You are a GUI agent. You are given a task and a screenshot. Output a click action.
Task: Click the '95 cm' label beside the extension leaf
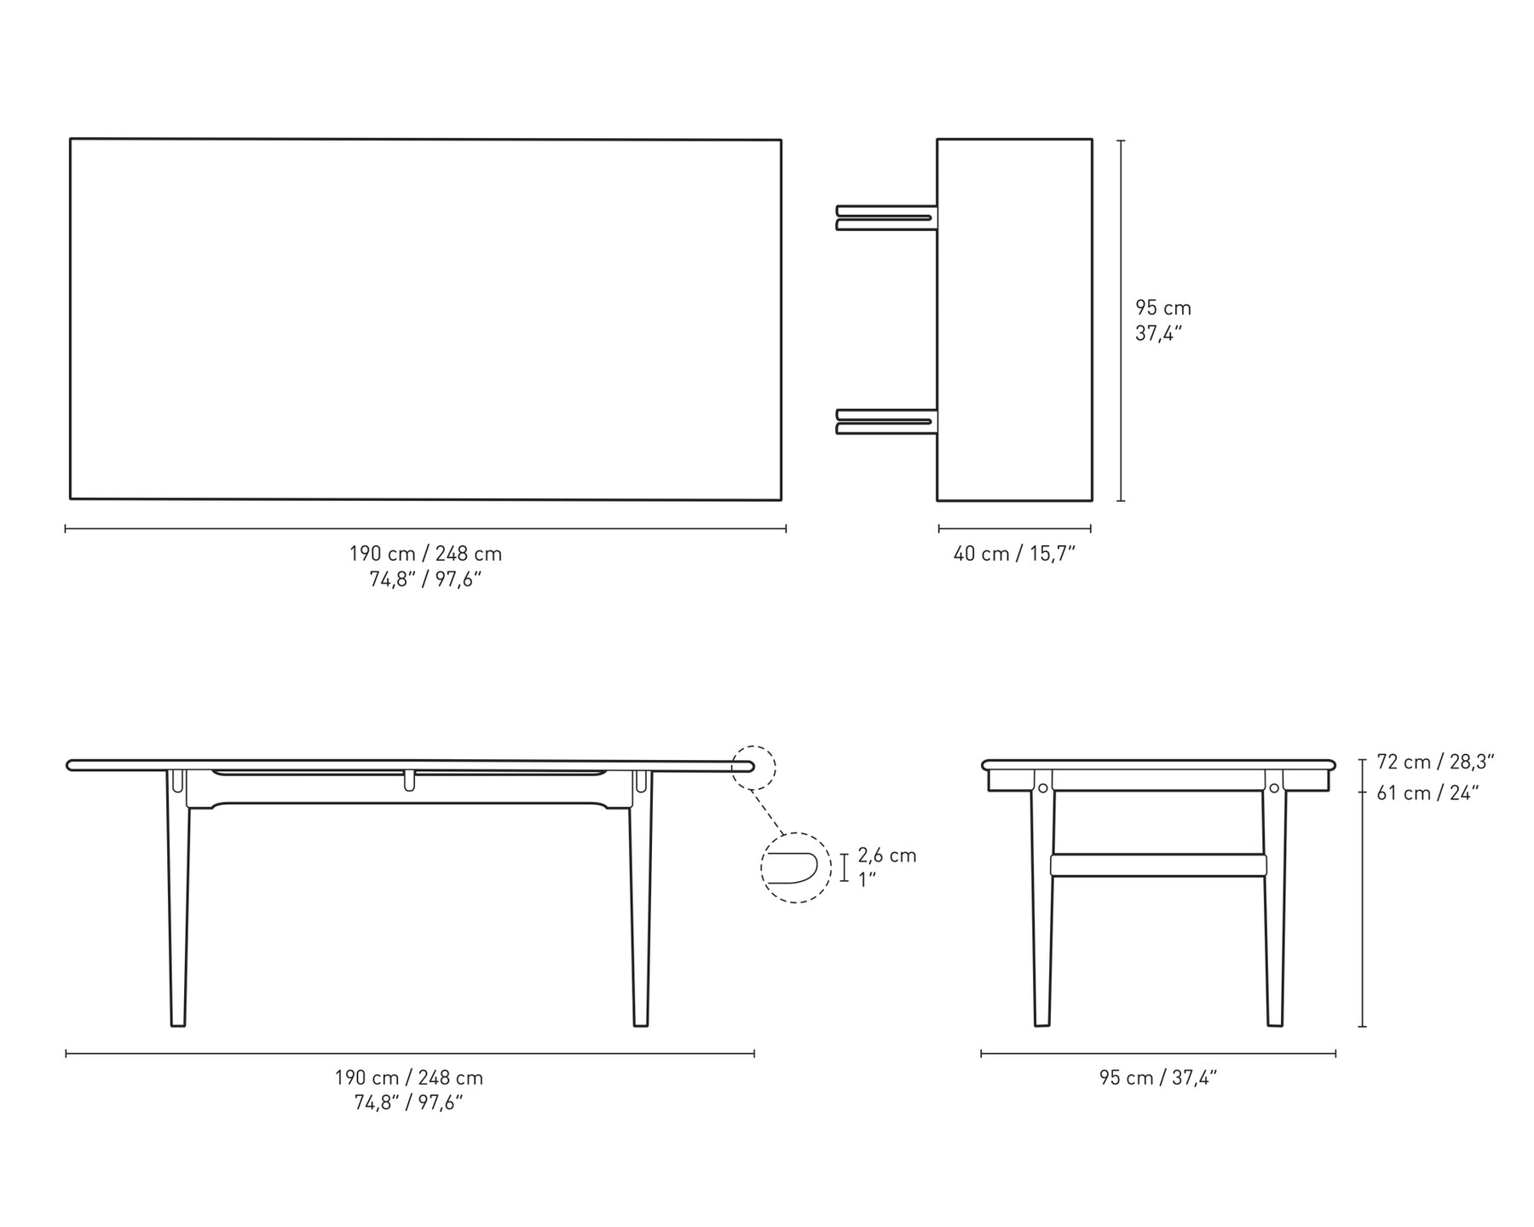pyautogui.click(x=1163, y=308)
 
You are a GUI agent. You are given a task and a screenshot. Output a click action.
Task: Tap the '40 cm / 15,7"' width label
pyautogui.click(x=1014, y=554)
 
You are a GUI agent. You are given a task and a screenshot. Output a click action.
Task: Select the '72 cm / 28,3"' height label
pyautogui.click(x=1436, y=762)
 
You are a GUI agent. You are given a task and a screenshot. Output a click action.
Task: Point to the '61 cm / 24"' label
pyautogui.click(x=1427, y=793)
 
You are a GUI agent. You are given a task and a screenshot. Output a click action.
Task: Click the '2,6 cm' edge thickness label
pyautogui.click(x=887, y=855)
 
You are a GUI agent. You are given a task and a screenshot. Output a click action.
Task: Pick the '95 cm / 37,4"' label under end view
pyautogui.click(x=1158, y=1078)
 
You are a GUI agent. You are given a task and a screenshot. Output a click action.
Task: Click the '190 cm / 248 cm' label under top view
pyautogui.click(x=425, y=554)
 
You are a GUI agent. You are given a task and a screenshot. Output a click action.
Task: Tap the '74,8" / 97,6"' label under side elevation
pyautogui.click(x=408, y=1103)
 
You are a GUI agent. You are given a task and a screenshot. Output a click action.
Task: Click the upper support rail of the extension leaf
pyautogui.click(x=887, y=217)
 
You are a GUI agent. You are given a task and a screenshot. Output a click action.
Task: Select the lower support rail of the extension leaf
pyautogui.click(x=887, y=422)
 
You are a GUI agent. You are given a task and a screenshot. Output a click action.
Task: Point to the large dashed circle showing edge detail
pyautogui.click(x=795, y=867)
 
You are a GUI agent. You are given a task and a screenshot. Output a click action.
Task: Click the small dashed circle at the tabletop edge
pyautogui.click(x=753, y=767)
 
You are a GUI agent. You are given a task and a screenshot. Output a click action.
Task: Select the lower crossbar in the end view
pyautogui.click(x=1158, y=866)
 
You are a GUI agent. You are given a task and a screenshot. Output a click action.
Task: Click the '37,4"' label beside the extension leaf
pyautogui.click(x=1159, y=334)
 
